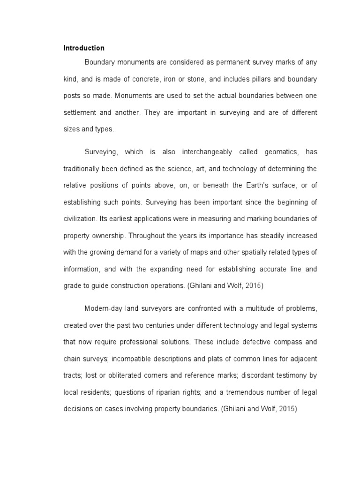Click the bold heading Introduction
coord(84,48)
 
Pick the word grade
coord(72,285)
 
